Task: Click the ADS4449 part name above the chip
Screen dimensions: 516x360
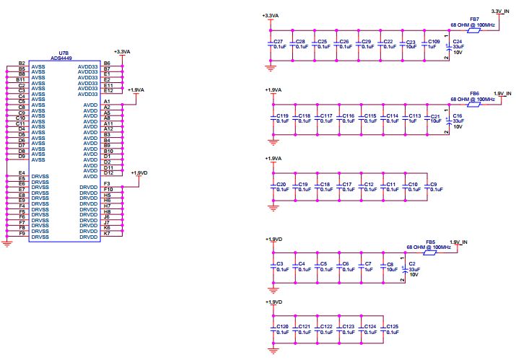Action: [61, 58]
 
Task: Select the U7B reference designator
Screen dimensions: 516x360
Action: [64, 53]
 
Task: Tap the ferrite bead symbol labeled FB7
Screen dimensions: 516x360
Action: [474, 30]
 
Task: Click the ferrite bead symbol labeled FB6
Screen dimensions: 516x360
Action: [474, 105]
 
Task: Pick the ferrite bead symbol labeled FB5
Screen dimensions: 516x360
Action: [430, 253]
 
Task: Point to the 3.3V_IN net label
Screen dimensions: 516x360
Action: [500, 12]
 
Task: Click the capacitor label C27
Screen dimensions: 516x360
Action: [278, 41]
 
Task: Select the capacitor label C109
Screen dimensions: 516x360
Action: [434, 41]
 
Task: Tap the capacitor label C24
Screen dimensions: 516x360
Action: [458, 41]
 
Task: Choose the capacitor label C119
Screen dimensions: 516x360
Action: [282, 116]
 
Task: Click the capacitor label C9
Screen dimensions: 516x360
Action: [434, 184]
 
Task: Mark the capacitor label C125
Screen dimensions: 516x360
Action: [393, 326]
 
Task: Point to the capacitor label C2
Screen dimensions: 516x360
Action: [412, 263]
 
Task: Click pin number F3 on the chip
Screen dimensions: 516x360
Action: [107, 184]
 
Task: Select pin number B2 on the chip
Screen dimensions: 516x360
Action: [22, 63]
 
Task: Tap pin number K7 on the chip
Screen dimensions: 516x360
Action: [107, 233]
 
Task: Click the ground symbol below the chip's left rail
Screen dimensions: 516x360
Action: [7, 244]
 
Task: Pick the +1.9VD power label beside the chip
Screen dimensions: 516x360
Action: [139, 172]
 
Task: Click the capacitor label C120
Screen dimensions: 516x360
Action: [282, 326]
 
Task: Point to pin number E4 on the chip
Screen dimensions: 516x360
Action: [22, 172]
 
